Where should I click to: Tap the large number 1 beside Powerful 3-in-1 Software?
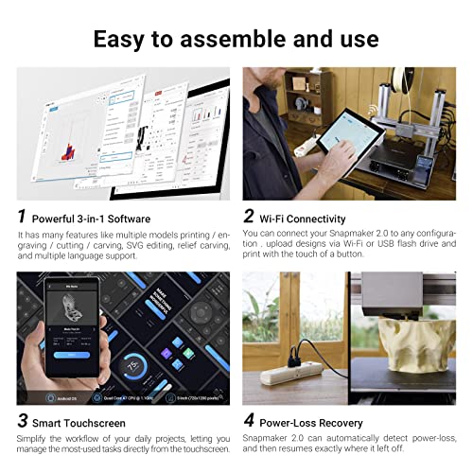pos(23,216)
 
